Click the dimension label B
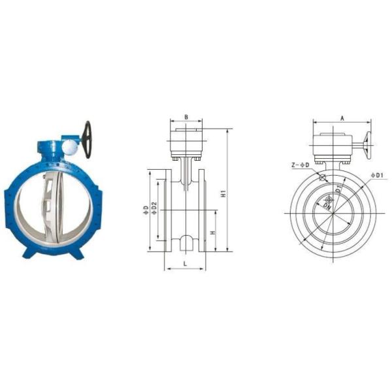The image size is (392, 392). [x=186, y=118]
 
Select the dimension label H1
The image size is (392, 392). [x=223, y=194]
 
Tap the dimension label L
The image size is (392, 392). [x=185, y=263]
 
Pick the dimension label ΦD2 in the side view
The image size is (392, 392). [x=154, y=209]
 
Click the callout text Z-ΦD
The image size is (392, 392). [x=301, y=165]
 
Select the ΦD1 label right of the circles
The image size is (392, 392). [x=380, y=175]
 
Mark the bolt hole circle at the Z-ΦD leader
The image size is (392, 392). [x=323, y=176]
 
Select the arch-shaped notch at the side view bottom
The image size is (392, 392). [x=186, y=242]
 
